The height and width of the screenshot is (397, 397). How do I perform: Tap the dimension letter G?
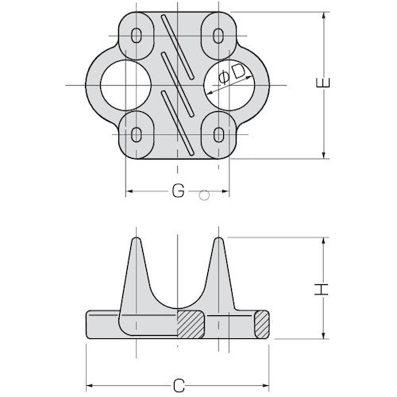click(179, 191)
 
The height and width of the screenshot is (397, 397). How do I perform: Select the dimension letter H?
click(322, 289)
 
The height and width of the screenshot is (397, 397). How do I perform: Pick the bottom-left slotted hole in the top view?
click(137, 134)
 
